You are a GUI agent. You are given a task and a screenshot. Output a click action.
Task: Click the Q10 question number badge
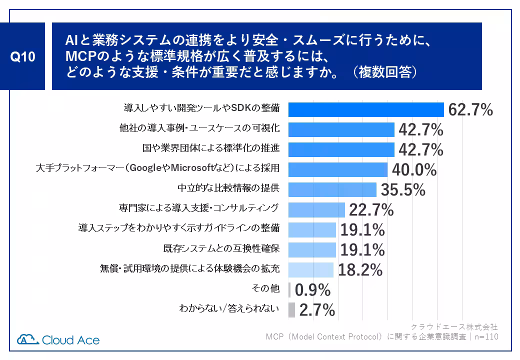[x=23, y=56]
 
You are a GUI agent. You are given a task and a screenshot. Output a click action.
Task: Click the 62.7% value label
[x=470, y=109]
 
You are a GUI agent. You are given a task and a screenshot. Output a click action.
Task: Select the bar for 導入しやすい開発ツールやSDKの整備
[x=366, y=109]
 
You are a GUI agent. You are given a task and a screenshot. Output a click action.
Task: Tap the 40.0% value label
[x=414, y=170]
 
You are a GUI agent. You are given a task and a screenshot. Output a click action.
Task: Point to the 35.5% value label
[x=403, y=190]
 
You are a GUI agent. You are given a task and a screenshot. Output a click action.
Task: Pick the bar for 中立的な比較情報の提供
[x=332, y=190]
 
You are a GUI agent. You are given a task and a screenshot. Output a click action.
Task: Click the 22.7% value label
[x=371, y=210]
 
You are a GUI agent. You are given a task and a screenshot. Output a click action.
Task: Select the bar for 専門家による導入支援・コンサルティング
[x=317, y=210]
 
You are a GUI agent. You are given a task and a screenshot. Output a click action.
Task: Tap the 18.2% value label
[x=360, y=270]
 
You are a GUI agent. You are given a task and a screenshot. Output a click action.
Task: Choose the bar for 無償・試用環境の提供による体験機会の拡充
[x=311, y=270]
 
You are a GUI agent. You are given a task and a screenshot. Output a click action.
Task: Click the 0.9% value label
[x=313, y=290]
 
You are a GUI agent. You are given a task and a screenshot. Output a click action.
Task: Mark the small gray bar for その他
[x=290, y=290]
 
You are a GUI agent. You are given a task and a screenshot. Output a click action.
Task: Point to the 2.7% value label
[x=317, y=310]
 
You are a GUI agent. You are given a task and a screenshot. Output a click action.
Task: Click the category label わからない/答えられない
[x=229, y=308]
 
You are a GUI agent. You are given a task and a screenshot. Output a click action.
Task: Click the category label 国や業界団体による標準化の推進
[x=210, y=148]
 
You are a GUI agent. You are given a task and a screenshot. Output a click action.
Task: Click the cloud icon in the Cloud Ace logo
[x=28, y=339]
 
